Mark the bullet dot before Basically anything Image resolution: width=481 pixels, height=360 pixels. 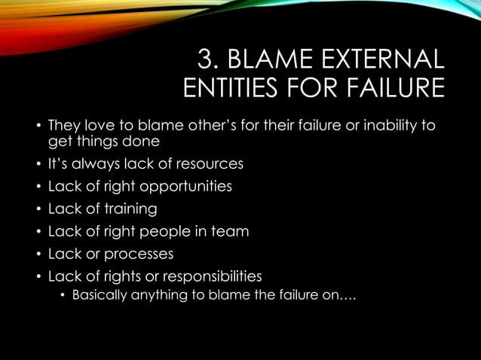click(x=63, y=295)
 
